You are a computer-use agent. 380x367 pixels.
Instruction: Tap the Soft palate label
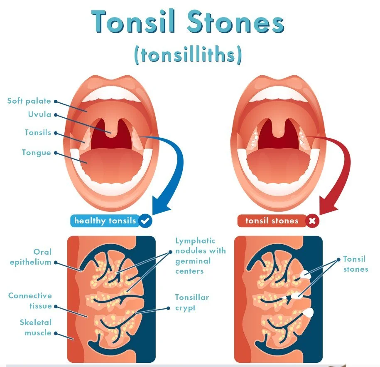29,101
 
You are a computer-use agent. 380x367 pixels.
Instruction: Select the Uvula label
40,114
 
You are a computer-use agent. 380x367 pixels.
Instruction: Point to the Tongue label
37,153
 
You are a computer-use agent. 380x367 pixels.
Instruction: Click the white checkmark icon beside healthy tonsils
145,221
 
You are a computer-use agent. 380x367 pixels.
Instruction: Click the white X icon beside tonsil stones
312,221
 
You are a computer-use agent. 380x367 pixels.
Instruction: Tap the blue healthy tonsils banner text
105,221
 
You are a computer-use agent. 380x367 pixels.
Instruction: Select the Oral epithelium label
37,257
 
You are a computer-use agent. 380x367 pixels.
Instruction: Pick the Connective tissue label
30,301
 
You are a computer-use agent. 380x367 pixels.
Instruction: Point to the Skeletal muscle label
36,327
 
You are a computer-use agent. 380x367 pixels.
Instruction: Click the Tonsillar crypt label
192,303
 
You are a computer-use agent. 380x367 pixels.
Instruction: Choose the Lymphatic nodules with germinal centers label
200,256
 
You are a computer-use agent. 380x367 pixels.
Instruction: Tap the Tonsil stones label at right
355,264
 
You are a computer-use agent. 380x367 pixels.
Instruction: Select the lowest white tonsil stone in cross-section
309,312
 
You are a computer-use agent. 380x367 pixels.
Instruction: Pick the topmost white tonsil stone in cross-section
305,274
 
